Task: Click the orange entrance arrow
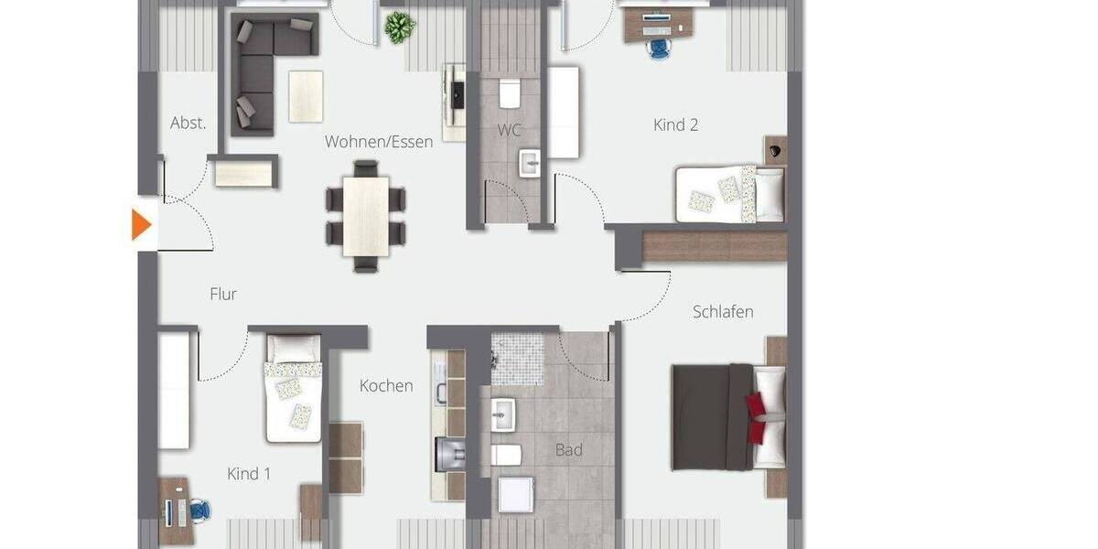(141, 225)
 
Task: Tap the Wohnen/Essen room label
(378, 142)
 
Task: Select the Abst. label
(188, 123)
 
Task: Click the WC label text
(510, 130)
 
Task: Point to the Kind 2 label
(675, 124)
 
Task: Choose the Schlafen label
(723, 311)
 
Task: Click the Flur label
(223, 294)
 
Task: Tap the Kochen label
(385, 385)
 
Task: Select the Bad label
(568, 450)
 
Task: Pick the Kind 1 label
(248, 474)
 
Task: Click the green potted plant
(399, 27)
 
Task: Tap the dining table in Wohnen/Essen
(366, 216)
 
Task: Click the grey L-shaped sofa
(261, 69)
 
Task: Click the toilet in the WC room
(510, 94)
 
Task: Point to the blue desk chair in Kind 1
(199, 511)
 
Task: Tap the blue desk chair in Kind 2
(658, 48)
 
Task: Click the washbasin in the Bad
(502, 414)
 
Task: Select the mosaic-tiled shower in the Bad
(518, 358)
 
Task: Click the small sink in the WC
(530, 164)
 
